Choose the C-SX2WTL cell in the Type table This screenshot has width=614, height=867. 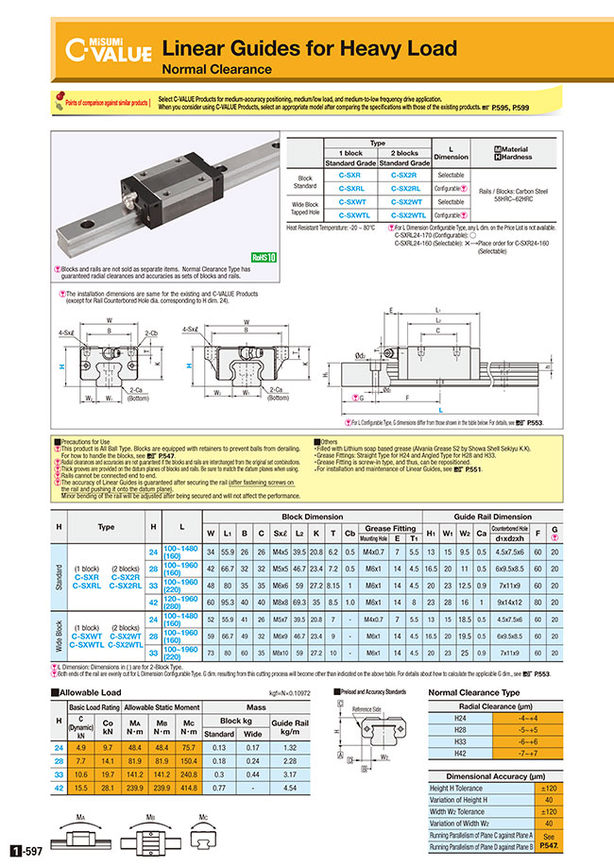pos(406,214)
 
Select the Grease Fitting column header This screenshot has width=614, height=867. pos(391,528)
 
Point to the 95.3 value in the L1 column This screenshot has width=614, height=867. pos(229,601)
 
